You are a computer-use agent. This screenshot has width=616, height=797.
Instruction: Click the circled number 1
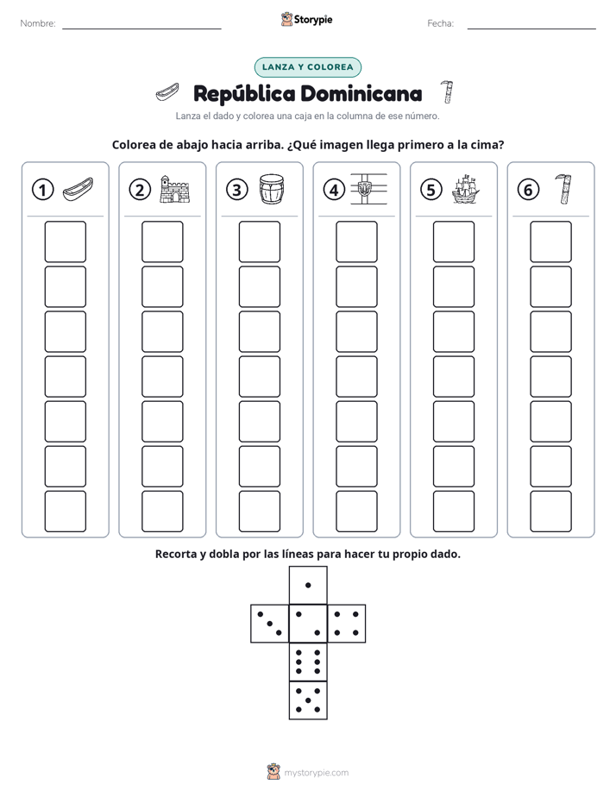[42, 190]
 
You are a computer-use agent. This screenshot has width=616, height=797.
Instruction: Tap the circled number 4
[334, 190]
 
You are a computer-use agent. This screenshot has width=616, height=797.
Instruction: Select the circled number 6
[528, 190]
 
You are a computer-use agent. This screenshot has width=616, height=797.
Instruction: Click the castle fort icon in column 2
[174, 189]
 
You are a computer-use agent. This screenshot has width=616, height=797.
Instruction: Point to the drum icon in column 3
[272, 189]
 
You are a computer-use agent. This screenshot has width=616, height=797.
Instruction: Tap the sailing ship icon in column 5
[466, 189]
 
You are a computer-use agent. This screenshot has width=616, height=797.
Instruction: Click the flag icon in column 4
[368, 189]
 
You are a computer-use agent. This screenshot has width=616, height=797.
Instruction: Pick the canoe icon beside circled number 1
[78, 190]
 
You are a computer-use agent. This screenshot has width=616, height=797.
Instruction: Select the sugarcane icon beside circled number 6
[563, 189]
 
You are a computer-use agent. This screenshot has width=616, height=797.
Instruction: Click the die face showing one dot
[308, 586]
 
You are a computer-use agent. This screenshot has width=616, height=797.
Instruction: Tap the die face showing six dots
[308, 662]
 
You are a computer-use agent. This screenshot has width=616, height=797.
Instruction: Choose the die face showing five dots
[308, 700]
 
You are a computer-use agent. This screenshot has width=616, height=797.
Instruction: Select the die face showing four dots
[347, 624]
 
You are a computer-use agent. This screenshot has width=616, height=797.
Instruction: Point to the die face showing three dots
[270, 624]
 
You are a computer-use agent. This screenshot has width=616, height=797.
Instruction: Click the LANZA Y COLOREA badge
[308, 67]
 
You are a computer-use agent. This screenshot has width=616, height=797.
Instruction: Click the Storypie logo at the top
[307, 19]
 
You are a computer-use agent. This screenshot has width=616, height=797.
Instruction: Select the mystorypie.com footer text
[316, 773]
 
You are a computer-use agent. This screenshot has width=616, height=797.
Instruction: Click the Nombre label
[38, 23]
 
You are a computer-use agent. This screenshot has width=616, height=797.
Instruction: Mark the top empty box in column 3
[260, 242]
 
